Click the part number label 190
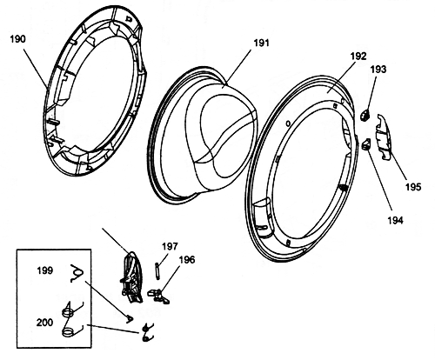click(x=18, y=39)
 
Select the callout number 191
click(x=262, y=43)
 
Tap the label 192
click(x=358, y=56)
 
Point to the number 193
click(x=378, y=70)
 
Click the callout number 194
click(x=396, y=220)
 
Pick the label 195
click(x=413, y=187)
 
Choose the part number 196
click(x=187, y=260)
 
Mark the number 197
click(x=170, y=246)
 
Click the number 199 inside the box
click(x=45, y=270)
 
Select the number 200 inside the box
click(x=44, y=323)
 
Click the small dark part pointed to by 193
click(x=365, y=115)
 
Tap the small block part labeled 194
click(x=366, y=143)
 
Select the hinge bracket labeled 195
click(x=384, y=137)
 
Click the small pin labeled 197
click(x=157, y=270)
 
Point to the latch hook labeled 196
click(x=158, y=297)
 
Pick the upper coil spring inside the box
click(x=69, y=312)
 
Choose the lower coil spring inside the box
click(x=69, y=331)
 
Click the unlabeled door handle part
click(x=132, y=277)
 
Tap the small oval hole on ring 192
click(x=288, y=123)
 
